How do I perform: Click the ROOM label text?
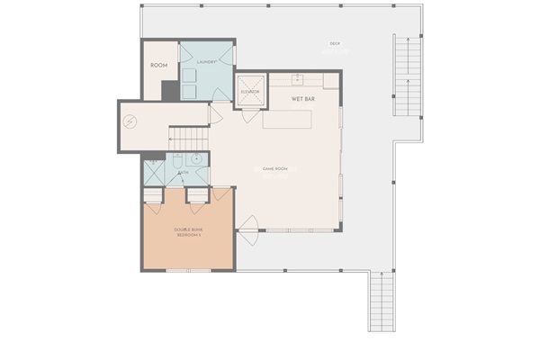(159, 66)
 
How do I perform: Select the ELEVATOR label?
(249, 92)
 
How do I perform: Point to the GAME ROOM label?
(274, 168)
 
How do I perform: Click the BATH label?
(184, 172)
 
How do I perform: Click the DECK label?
(334, 43)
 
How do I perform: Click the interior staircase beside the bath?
(189, 137)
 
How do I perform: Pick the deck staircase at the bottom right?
(382, 300)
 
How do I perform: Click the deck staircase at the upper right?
(407, 79)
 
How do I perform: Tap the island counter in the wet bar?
(287, 119)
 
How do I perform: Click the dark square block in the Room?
(168, 91)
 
